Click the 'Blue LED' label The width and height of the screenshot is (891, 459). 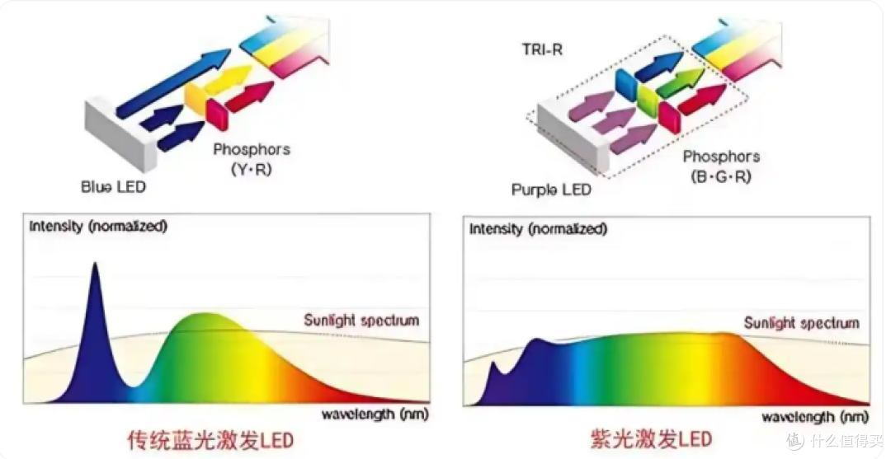[x=113, y=187]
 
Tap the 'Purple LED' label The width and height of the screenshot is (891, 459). [x=551, y=189]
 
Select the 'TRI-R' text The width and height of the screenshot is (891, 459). [x=542, y=49]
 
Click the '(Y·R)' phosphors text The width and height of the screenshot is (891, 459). [x=252, y=169]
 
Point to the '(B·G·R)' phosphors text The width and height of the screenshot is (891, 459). [x=721, y=176]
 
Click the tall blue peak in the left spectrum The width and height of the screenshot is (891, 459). [x=95, y=265]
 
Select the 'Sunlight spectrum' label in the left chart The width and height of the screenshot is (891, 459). [x=361, y=320]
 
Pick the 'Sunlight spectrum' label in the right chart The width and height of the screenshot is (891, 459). [x=802, y=323]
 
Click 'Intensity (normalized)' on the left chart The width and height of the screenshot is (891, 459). [x=97, y=226]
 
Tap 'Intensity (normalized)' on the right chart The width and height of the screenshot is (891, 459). [x=538, y=229]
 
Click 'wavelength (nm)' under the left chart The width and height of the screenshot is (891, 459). [x=375, y=415]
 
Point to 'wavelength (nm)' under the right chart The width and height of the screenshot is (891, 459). [x=815, y=418]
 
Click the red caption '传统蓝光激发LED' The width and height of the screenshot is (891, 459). [x=210, y=440]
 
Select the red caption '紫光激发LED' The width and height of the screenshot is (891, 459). [x=651, y=439]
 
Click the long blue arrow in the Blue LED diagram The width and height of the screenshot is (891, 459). [x=172, y=83]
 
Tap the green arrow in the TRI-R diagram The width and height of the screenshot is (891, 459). [x=680, y=82]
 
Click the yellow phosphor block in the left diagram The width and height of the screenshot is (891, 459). [x=195, y=100]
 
